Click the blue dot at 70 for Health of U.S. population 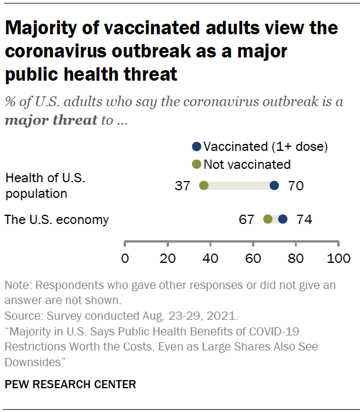click(274, 186)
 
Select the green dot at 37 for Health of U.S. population click(204, 186)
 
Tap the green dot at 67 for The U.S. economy click(268, 219)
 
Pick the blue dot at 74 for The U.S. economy click(283, 219)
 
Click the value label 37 click(183, 186)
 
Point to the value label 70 click(296, 186)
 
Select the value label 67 click(247, 219)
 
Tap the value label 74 click(304, 219)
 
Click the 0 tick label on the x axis click(125, 258)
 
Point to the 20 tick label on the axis click(168, 258)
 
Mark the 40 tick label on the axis click(210, 258)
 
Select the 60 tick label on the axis click(253, 258)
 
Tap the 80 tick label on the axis click(296, 258)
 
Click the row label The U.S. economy click(56, 219)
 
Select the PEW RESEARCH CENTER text click(70, 384)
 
